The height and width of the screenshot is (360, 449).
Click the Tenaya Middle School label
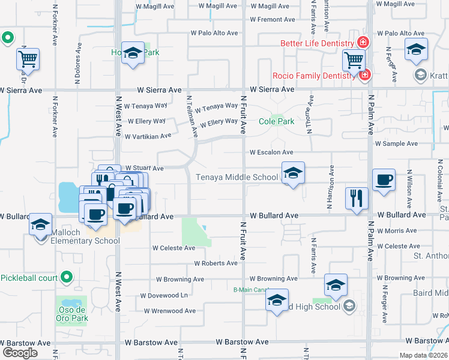pyautogui.click(x=237, y=177)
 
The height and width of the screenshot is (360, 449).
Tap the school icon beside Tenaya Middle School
pyautogui.click(x=292, y=174)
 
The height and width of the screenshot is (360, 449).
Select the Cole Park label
pyautogui.click(x=276, y=121)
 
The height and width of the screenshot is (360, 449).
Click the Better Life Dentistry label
pyautogui.click(x=318, y=44)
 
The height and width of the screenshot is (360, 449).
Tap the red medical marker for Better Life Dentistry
pyautogui.click(x=362, y=43)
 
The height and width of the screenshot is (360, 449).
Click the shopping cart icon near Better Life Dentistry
pyautogui.click(x=354, y=60)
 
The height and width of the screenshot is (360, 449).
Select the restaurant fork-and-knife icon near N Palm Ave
pyautogui.click(x=357, y=198)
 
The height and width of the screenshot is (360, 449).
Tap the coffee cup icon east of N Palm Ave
pyautogui.click(x=384, y=180)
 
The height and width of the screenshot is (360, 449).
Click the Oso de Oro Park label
pyautogui.click(x=73, y=314)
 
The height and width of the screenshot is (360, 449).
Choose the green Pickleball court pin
pyautogui.click(x=67, y=278)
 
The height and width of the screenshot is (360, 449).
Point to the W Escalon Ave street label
pyautogui.click(x=271, y=152)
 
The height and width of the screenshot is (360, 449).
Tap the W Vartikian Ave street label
pyautogui.click(x=148, y=136)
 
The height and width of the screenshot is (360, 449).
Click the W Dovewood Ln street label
pyautogui.click(x=164, y=295)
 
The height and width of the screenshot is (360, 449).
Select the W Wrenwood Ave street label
pyautogui.click(x=170, y=311)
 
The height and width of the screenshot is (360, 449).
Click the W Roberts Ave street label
pyautogui.click(x=216, y=263)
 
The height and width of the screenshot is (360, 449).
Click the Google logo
pyautogui.click(x=20, y=352)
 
